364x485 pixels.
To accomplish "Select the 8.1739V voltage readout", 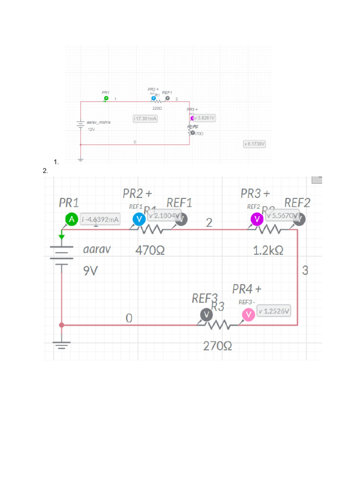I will point(254,143).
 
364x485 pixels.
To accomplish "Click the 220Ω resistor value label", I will point(157,108).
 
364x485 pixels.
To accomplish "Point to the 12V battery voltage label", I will point(91,129).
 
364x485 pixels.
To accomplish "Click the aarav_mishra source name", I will point(99,122).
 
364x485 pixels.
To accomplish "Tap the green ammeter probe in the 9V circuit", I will point(71,219).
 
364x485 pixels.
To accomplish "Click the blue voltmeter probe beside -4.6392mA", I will point(139,219).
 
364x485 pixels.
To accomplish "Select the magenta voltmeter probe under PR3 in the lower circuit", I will point(256,219).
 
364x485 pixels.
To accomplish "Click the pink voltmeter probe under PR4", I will point(248,315).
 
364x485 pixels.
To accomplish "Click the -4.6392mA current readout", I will point(100,219).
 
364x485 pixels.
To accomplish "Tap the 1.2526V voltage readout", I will point(274,311).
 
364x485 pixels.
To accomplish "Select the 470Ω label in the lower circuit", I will point(150,250).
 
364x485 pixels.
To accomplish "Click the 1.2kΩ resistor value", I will point(268,251).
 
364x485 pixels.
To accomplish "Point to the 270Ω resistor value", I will point(218,346).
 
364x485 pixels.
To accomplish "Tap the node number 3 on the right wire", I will point(305,270).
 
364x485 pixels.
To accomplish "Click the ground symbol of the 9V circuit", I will point(61,344).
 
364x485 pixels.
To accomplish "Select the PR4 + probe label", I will point(247,288).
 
